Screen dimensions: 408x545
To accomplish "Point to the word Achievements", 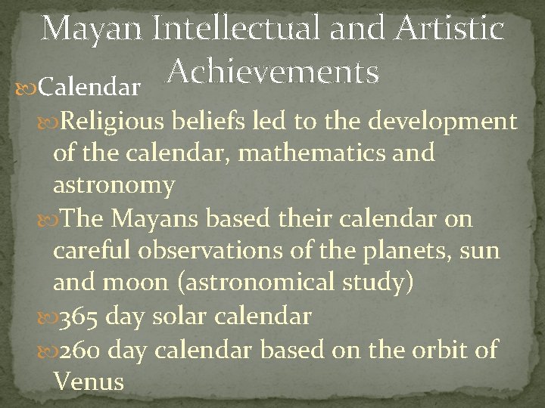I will pos(272,73).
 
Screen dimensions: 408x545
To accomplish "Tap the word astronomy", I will pos(114,186).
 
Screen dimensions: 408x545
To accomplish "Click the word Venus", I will pos(89,382).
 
